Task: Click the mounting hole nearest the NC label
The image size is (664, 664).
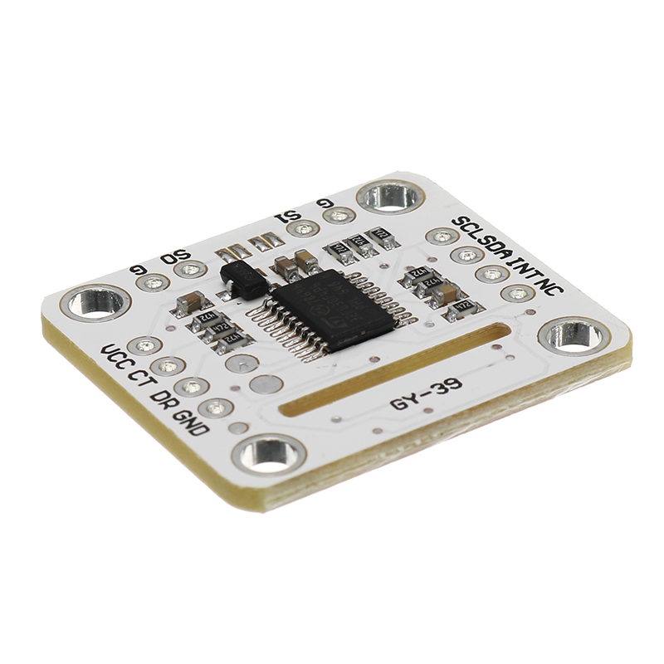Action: [x=575, y=336]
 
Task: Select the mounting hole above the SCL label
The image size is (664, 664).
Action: [x=391, y=196]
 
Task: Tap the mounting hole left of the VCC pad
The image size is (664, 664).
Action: [x=96, y=301]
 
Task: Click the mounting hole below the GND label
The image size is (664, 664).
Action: [x=268, y=453]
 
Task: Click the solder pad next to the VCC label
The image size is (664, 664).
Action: [x=144, y=344]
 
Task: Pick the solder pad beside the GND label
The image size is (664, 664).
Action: [x=216, y=407]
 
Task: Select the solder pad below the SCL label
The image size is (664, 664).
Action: [x=442, y=237]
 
